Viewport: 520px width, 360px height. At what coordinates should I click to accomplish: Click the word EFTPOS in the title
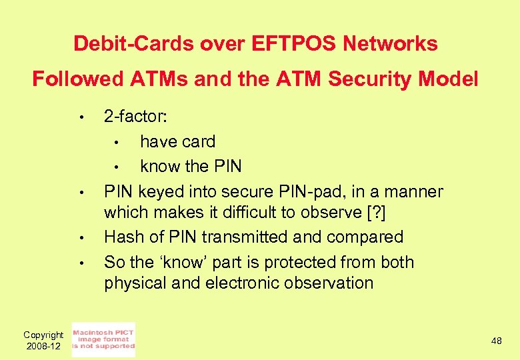pos(298,44)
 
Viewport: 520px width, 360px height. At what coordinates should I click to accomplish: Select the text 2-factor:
pos(135,117)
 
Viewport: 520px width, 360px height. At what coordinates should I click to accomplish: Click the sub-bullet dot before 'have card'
pos(115,143)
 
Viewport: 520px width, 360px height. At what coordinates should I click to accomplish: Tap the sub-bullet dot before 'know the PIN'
pos(115,167)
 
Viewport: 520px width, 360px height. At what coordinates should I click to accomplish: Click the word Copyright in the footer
pos(43,335)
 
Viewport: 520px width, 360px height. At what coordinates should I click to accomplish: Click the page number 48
pos(497,341)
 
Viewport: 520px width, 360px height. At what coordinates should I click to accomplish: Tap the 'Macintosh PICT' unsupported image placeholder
pos(103,339)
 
